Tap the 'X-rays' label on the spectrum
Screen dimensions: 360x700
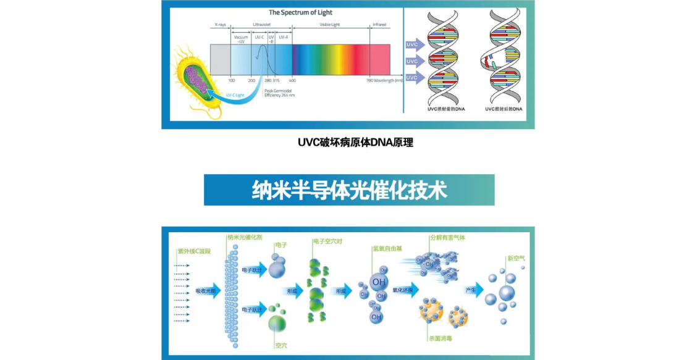tap(220, 25)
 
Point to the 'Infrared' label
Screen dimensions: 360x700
tap(379, 25)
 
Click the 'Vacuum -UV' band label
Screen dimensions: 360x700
tap(241, 39)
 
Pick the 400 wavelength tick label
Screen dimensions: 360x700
tap(292, 80)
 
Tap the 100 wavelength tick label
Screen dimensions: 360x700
tap(232, 80)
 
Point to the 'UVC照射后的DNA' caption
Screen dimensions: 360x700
tap(504, 109)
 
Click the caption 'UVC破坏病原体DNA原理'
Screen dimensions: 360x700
tap(355, 143)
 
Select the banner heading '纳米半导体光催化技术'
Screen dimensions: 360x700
tap(349, 190)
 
